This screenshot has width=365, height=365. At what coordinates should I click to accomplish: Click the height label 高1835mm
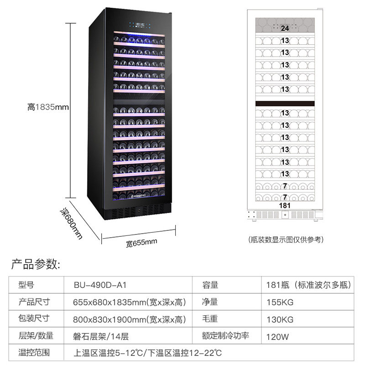(x=47, y=107)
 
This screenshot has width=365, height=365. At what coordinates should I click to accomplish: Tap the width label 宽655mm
(x=141, y=241)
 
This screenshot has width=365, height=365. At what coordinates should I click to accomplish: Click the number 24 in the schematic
(x=285, y=28)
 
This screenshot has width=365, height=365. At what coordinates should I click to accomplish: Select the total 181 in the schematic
(x=285, y=206)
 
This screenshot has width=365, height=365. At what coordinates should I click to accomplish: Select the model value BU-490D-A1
(x=99, y=285)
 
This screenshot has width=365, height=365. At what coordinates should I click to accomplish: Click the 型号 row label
(x=27, y=285)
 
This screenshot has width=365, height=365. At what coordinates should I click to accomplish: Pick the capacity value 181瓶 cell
(x=308, y=285)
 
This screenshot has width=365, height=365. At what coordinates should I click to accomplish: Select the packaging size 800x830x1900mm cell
(x=130, y=319)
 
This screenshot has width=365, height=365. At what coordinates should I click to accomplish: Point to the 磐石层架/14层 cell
(x=101, y=336)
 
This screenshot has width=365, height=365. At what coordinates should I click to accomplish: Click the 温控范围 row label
(x=34, y=353)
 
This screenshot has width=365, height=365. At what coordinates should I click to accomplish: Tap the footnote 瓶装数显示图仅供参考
(x=285, y=239)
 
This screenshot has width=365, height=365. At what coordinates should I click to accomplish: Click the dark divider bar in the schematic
(x=285, y=104)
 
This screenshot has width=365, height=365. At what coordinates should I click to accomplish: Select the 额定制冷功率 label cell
(x=226, y=336)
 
